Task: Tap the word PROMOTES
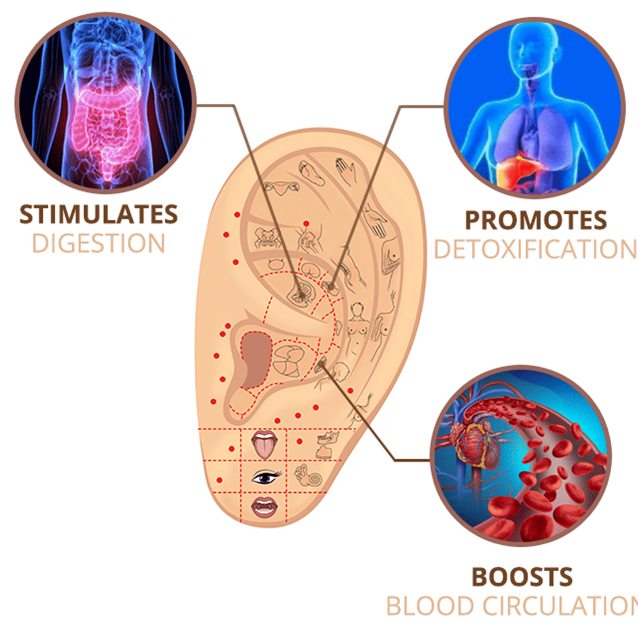[535, 220]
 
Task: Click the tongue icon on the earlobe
[263, 445]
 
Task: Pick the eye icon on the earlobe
[265, 476]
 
